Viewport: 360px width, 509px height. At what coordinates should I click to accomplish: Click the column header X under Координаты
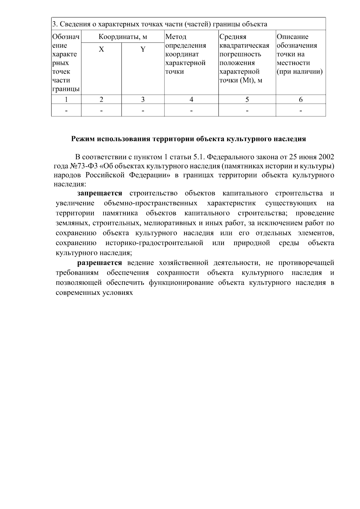pyautogui.click(x=102, y=49)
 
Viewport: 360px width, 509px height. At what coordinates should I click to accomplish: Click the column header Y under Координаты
pyautogui.click(x=143, y=49)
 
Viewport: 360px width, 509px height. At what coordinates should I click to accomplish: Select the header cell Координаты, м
pyautogui.click(x=123, y=37)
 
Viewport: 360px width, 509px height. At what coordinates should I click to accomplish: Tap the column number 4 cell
pyautogui.click(x=191, y=100)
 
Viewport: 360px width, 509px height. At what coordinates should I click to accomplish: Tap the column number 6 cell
pyautogui.click(x=301, y=100)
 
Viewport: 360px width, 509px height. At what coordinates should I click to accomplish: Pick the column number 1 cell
pyautogui.click(x=66, y=100)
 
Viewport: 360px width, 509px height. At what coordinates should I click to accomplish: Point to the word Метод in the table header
pyautogui.click(x=176, y=37)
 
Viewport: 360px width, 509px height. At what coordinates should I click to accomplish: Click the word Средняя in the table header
pyautogui.click(x=233, y=37)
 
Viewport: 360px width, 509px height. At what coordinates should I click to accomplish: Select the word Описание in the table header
pyautogui.click(x=292, y=37)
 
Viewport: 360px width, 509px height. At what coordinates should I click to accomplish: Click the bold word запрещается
pyautogui.click(x=100, y=193)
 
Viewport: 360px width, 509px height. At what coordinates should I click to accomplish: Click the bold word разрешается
pyautogui.click(x=100, y=263)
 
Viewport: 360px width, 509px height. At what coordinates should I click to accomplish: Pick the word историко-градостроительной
pyautogui.click(x=154, y=243)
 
